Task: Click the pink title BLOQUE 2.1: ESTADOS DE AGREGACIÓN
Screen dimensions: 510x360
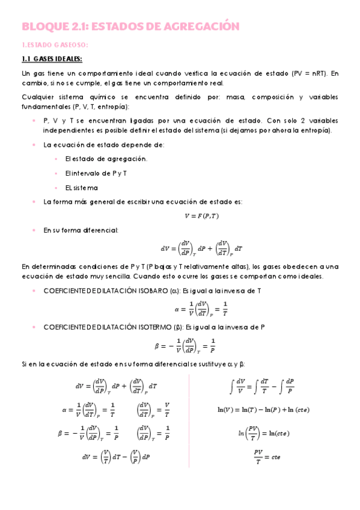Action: tap(130, 26)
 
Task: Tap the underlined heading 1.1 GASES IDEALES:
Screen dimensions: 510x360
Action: tap(52, 59)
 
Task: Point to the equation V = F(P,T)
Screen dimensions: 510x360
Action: tap(201, 216)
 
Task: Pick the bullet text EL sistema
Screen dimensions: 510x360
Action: tap(81, 188)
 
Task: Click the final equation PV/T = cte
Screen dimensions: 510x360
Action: tap(267, 456)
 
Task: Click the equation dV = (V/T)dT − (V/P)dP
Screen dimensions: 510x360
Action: tap(116, 457)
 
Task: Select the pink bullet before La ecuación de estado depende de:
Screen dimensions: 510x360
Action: tap(34, 145)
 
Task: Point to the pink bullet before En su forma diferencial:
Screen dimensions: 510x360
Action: tap(34, 230)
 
